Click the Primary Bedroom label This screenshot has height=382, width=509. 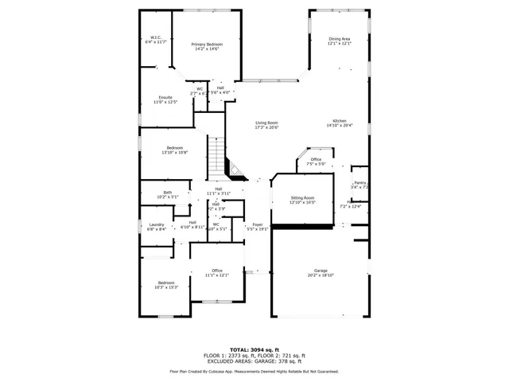tap(205, 44)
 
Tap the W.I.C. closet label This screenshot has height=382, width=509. tap(156, 37)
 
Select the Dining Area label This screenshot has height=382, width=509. tap(340, 38)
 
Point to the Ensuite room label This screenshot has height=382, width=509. tap(165, 97)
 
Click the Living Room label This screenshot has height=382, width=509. tap(266, 123)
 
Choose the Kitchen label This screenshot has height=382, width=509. tap(340, 120)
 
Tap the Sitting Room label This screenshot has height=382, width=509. tap(302, 197)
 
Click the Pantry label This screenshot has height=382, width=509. tap(359, 182)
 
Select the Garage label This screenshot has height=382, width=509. tap(321, 271)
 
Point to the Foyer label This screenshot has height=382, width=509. tap(258, 224)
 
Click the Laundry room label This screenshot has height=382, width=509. tap(157, 224)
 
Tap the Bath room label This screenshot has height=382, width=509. tap(167, 192)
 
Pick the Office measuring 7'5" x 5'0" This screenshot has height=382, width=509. tap(316, 160)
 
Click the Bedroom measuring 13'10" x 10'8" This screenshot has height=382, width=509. tap(174, 148)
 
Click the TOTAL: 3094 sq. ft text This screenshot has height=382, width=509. tap(254, 349)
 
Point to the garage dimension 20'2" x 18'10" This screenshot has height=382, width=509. tap(321, 275)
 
